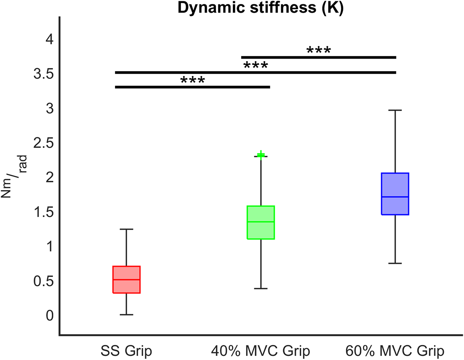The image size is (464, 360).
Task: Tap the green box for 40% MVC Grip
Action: (260, 222)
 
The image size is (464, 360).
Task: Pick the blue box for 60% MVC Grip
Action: (395, 194)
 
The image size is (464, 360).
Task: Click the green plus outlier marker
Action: (261, 155)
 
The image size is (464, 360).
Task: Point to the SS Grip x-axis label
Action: (126, 350)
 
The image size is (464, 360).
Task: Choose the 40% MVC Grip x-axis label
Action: (260, 350)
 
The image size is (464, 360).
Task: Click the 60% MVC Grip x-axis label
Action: (395, 350)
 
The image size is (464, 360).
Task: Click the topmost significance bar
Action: (318, 57)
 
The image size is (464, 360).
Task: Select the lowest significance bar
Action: (192, 87)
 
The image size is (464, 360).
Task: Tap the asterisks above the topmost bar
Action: (318, 50)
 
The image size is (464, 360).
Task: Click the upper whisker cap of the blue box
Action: (395, 110)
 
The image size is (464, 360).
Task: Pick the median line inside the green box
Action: (260, 222)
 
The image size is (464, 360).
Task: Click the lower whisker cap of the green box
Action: (260, 289)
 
